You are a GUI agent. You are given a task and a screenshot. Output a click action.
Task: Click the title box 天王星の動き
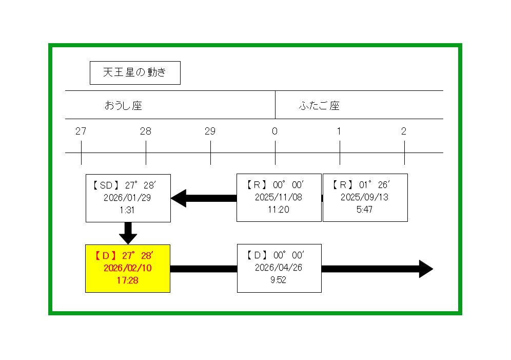click(x=135, y=73)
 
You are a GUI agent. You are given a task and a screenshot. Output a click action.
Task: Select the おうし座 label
click(x=123, y=106)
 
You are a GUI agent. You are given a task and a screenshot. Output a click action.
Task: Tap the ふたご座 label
click(x=319, y=106)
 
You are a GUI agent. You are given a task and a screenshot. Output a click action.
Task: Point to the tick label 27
click(x=81, y=131)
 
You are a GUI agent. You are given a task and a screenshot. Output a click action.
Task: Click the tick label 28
click(x=146, y=131)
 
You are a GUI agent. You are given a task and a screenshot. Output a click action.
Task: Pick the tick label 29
click(x=210, y=131)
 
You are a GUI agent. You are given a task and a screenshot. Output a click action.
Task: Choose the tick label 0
click(x=275, y=131)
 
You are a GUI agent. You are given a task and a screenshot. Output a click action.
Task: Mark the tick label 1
click(x=339, y=131)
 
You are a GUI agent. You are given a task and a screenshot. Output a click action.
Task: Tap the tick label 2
click(x=404, y=131)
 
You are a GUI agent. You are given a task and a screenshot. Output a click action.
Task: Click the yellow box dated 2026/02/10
click(x=128, y=269)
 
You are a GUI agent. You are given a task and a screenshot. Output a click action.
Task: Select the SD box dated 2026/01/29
click(x=128, y=198)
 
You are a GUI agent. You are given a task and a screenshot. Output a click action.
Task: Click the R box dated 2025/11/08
click(x=279, y=198)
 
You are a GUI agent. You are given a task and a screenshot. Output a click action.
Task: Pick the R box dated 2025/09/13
click(x=365, y=198)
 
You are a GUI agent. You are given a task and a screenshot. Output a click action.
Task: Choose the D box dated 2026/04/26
click(x=279, y=268)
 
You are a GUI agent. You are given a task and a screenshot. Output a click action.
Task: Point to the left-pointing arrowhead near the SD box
click(x=179, y=198)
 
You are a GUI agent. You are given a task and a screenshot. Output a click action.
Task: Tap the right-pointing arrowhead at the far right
click(x=425, y=269)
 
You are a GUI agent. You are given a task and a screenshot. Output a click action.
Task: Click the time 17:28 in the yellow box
click(x=128, y=280)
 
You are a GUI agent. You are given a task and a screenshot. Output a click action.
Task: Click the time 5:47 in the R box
click(x=364, y=210)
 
